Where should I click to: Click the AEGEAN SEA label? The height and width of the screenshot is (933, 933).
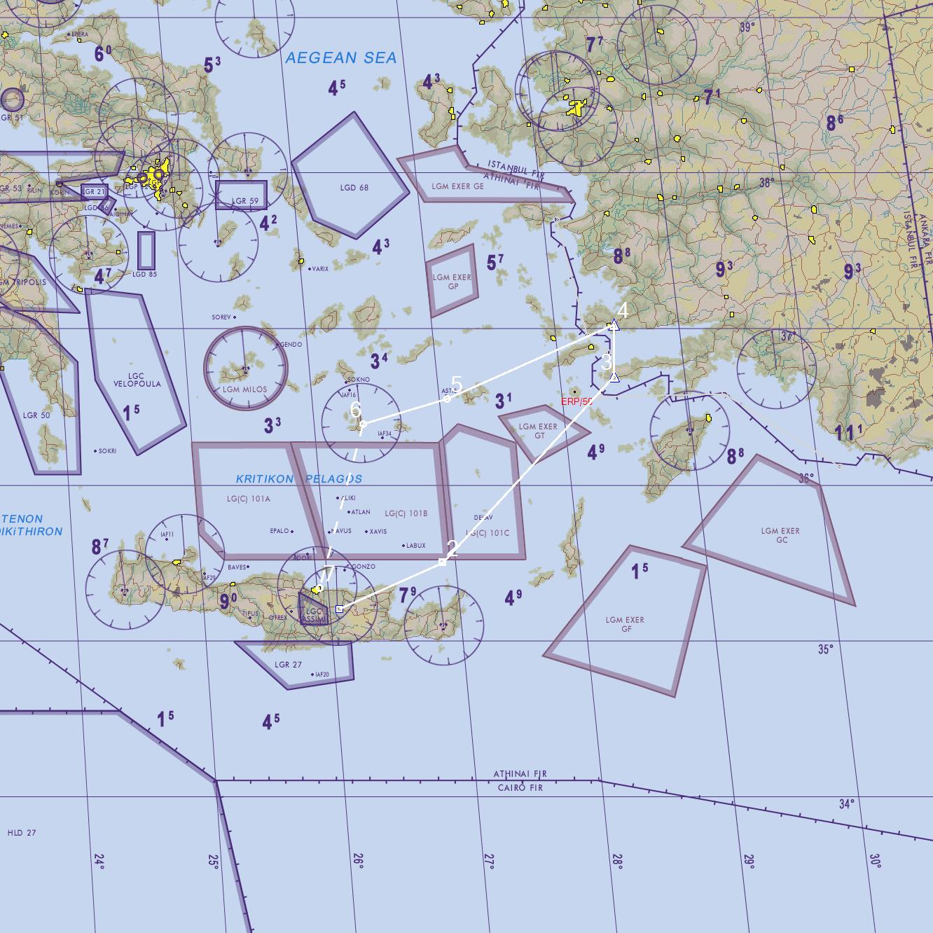click(x=341, y=58)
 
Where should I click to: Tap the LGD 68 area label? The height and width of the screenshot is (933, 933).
click(x=354, y=188)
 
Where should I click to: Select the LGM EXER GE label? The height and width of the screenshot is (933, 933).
click(x=457, y=186)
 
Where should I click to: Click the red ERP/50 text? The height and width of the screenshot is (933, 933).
click(x=576, y=401)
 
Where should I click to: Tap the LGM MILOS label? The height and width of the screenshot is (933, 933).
click(x=244, y=389)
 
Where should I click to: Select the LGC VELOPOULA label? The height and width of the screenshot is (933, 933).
click(x=137, y=380)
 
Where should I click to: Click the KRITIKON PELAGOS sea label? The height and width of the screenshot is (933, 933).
click(x=299, y=479)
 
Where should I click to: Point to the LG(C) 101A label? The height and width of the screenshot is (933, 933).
click(x=248, y=499)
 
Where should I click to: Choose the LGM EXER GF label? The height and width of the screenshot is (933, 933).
click(x=625, y=624)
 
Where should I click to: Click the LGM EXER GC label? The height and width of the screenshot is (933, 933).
click(x=780, y=535)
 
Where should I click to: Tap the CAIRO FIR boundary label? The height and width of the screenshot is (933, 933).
click(x=520, y=788)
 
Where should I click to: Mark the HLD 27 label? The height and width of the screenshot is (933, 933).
click(x=22, y=833)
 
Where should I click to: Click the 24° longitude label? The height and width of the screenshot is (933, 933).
click(x=99, y=861)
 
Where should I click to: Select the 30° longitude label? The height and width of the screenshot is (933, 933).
click(x=875, y=860)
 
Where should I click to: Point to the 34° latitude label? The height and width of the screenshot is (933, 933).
click(x=846, y=803)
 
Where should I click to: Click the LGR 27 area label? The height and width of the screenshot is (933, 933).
click(x=288, y=665)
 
